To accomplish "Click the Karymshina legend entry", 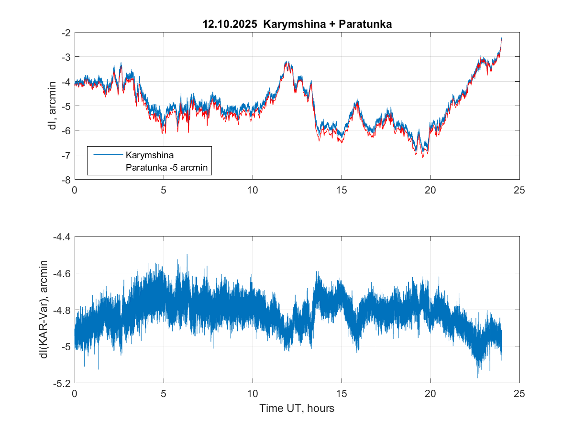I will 150,155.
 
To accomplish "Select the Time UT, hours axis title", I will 297,408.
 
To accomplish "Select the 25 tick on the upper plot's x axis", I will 519,190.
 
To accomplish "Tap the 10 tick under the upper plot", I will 253,190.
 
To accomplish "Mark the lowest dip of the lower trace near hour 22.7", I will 477,377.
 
